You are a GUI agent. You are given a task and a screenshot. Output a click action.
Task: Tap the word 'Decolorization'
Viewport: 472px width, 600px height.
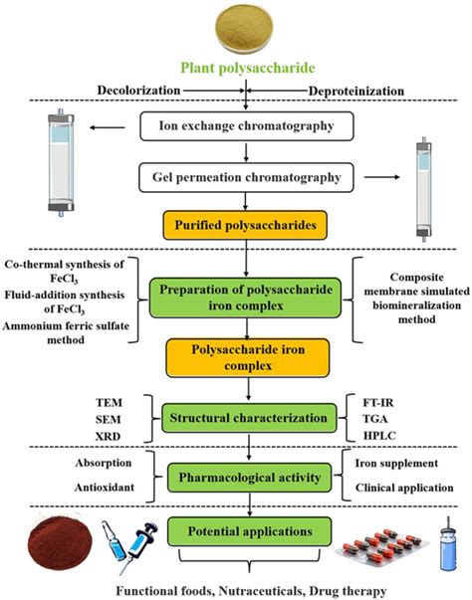pos(142,91)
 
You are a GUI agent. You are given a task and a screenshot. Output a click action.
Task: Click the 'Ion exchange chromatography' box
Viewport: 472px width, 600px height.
pos(245,128)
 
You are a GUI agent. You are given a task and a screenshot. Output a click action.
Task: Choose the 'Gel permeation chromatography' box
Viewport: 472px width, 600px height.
pos(245,177)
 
